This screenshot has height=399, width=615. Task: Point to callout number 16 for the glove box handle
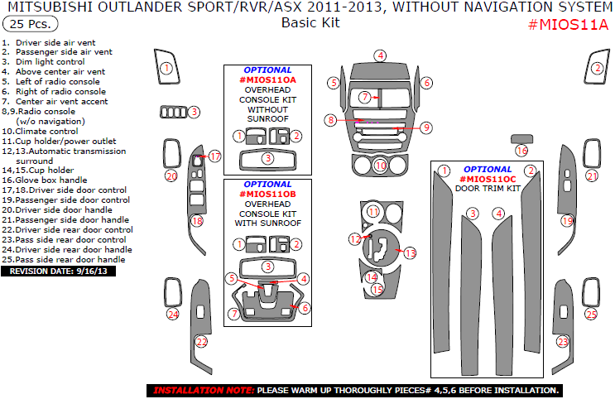coord(521,151)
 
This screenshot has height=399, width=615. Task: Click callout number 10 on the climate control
coord(380,166)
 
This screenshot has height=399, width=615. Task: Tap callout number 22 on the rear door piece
coord(201,341)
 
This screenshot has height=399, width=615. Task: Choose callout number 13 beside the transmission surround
coord(409,252)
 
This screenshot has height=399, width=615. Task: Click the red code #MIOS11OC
coord(488,179)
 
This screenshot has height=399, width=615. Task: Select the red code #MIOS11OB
coord(268,194)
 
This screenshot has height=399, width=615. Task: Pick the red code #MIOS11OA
coord(268,80)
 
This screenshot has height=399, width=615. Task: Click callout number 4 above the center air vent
coord(380,55)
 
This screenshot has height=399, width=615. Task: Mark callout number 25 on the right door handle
coord(591,314)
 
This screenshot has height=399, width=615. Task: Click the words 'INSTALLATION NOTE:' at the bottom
coord(204,390)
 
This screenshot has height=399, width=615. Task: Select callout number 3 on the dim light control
coord(194,112)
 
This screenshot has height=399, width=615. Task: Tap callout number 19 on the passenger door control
coord(567,221)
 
